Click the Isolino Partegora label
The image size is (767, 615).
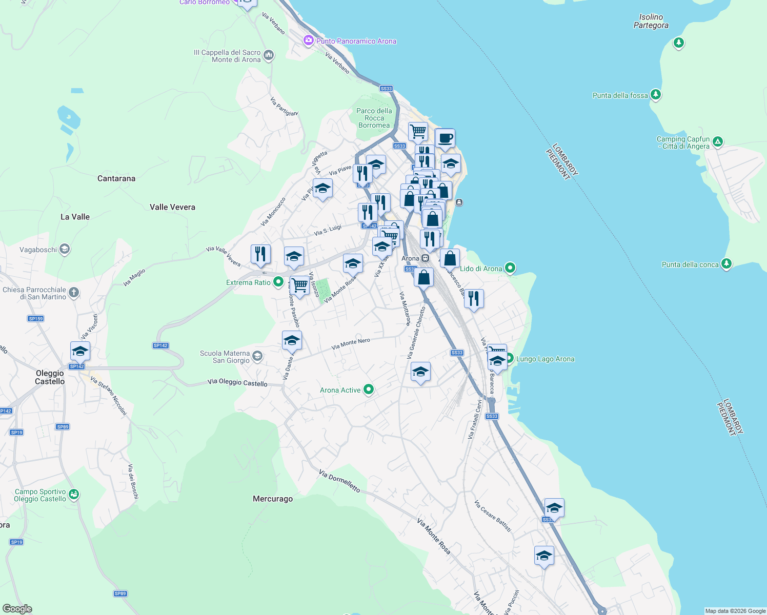[651, 21]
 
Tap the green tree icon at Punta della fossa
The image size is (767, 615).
[655, 95]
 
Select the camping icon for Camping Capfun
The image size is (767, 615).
[718, 141]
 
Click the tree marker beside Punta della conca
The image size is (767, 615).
[726, 264]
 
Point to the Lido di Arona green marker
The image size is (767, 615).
[510, 268]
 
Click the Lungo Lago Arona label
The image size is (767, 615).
[545, 359]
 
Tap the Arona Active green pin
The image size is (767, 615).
[368, 390]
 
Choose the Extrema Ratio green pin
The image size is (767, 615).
[278, 282]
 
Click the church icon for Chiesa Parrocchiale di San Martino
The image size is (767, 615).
[74, 293]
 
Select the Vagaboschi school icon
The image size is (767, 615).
[65, 250]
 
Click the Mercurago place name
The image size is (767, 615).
[273, 499]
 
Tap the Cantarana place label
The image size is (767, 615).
[116, 178]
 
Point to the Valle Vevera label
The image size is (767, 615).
[172, 207]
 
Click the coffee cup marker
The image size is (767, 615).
[445, 138]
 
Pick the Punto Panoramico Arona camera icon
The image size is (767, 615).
[308, 40]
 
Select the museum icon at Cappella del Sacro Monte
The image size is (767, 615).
[268, 55]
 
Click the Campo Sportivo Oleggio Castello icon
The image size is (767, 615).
[74, 495]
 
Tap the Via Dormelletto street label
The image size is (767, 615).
[339, 481]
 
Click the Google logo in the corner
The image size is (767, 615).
[17, 609]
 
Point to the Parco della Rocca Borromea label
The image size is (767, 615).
[374, 118]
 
